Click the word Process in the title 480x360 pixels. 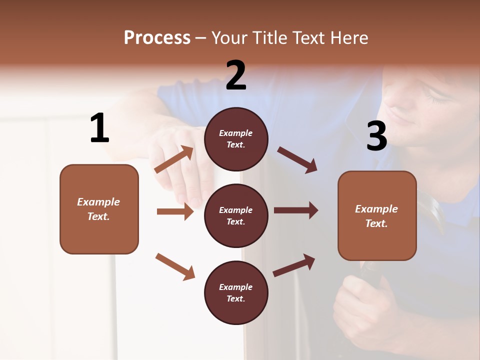click(157, 38)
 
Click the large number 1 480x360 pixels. click(99, 128)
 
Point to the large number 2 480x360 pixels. click(236, 75)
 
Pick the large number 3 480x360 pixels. click(376, 136)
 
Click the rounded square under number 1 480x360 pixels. click(99, 209)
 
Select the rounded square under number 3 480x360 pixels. click(377, 216)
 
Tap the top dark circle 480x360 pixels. click(236, 139)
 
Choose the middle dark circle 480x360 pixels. click(236, 216)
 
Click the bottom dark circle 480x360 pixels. click(236, 293)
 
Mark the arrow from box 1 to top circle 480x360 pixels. click(174, 159)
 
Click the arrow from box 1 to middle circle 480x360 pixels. click(175, 211)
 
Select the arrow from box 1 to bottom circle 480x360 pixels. click(175, 266)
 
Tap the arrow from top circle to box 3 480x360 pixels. click(297, 160)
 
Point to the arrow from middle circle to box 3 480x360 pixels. click(296, 210)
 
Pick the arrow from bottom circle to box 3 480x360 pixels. click(294, 265)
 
